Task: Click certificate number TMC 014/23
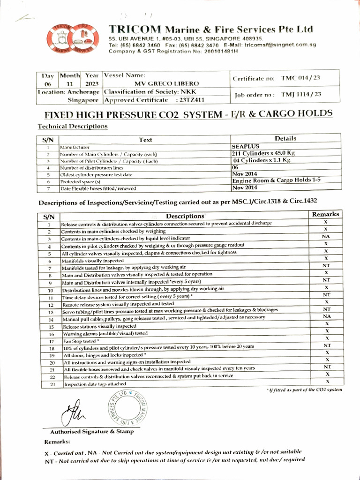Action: (x=301, y=78)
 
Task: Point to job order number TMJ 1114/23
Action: (x=301, y=95)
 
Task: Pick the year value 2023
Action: (x=92, y=83)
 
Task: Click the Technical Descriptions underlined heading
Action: (x=72, y=126)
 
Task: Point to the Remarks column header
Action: (x=326, y=214)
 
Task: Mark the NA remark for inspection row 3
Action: (x=326, y=237)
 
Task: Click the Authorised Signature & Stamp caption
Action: (x=91, y=431)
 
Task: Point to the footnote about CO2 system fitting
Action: (x=304, y=390)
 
